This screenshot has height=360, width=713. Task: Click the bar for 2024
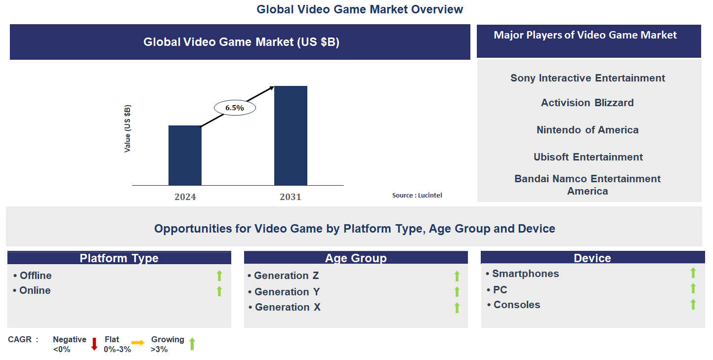point(185,156)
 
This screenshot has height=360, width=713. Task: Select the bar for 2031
point(291,136)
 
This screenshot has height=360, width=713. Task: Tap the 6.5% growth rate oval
point(234,108)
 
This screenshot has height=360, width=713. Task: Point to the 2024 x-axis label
point(185,197)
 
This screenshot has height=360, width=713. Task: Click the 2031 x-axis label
point(290,197)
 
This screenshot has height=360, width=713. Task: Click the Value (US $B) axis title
point(127,128)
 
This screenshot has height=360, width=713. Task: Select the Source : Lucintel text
point(417,195)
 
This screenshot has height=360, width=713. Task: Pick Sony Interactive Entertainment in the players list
point(587,78)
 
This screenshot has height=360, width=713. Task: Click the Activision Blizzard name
point(587,103)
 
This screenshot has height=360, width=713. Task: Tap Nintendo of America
point(587,130)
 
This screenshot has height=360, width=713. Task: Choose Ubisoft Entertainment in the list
point(588,157)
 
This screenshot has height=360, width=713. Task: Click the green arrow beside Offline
point(219,276)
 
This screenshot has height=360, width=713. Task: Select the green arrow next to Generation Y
point(457,292)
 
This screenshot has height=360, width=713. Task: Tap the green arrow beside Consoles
point(693,304)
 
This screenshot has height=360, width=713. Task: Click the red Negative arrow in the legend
point(94,344)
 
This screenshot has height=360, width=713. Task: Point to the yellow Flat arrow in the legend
point(138,343)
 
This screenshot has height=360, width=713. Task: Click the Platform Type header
point(119,258)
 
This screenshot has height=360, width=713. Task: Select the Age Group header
point(356,258)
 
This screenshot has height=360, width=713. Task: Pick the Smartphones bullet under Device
point(525,274)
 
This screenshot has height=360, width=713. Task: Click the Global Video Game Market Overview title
point(360,9)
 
